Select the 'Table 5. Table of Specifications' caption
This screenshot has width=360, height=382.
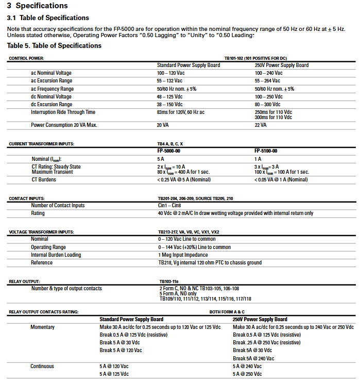coord(54,46)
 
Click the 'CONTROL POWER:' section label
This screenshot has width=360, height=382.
coord(26,58)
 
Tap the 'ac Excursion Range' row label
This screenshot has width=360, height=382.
coord(52,81)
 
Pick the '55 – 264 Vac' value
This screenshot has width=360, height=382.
coord(268,81)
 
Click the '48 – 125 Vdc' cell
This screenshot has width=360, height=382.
coord(169,96)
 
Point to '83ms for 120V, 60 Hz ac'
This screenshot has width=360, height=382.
coord(181,112)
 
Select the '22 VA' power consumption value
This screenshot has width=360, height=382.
coord(261,125)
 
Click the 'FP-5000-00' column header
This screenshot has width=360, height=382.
coord(169,151)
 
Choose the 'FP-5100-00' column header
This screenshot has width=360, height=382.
coord(266,151)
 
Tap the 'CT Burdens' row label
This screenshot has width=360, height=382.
coord(44,179)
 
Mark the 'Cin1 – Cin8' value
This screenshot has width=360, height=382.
coord(169,206)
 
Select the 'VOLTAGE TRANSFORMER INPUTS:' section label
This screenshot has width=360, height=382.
coord(42,232)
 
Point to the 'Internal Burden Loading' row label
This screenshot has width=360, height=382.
coord(56,255)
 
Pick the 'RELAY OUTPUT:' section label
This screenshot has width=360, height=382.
coord(25,281)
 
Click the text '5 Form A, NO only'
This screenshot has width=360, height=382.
coord(178,294)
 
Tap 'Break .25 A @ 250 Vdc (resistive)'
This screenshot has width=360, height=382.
coord(266,342)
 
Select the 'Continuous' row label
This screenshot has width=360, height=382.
coord(42,367)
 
